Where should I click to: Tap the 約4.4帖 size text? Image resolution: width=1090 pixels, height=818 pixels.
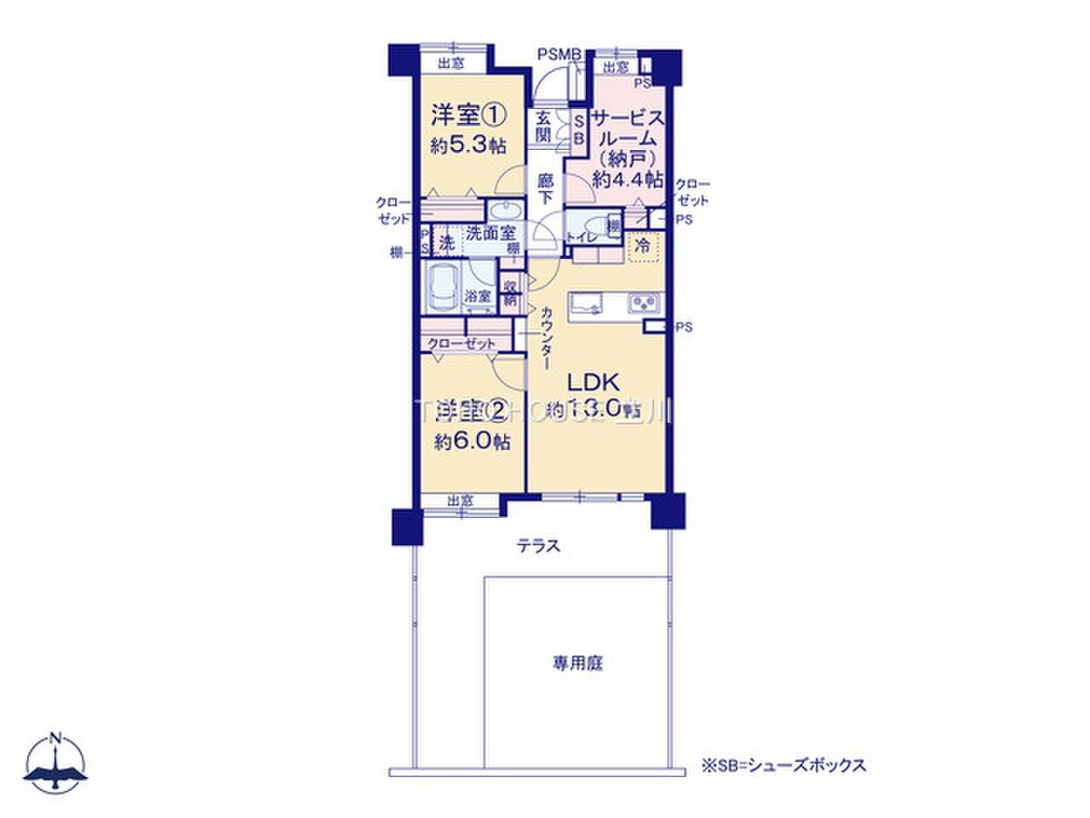(628, 179)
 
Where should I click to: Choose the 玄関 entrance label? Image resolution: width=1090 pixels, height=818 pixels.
(543, 128)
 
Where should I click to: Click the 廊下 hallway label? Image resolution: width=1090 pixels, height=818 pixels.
(546, 188)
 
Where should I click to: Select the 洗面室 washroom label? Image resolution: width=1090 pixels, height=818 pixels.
(489, 233)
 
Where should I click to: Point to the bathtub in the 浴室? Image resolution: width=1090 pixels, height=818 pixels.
(442, 289)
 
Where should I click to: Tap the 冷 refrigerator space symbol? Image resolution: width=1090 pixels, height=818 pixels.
(644, 248)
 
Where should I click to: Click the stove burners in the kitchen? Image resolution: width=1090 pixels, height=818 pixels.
(644, 303)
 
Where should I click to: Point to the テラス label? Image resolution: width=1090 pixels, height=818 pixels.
(539, 546)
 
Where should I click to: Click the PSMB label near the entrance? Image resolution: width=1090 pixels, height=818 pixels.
(559, 55)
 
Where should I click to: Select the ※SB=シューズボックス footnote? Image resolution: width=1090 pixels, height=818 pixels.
(783, 765)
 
